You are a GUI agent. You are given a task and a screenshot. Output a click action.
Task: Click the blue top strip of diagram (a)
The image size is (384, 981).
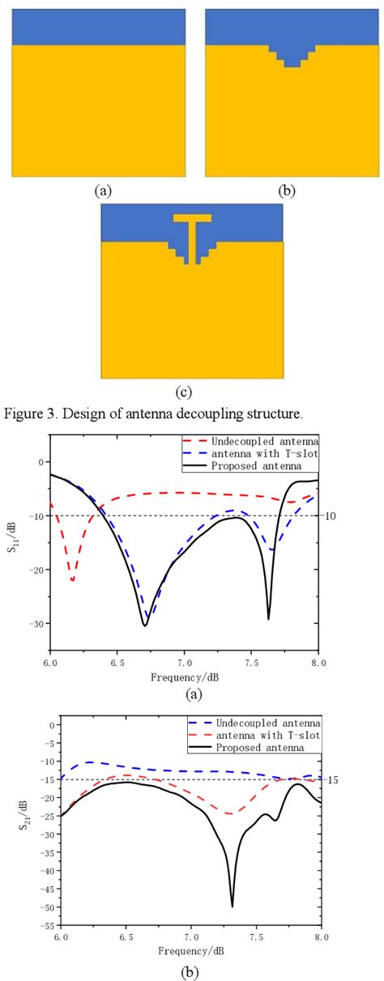point(98,26)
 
